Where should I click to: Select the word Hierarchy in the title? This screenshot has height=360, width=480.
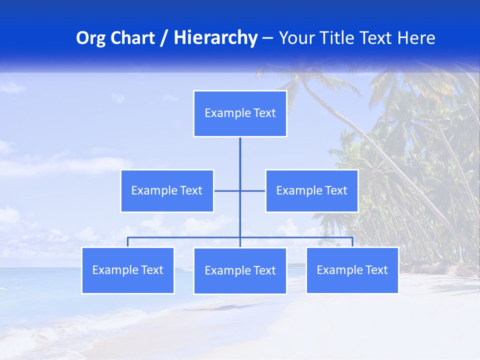tap(215, 38)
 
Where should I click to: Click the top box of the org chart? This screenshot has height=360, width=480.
tap(240, 113)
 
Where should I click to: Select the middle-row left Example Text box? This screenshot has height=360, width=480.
tap(167, 190)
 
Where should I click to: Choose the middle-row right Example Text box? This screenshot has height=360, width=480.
tap(311, 190)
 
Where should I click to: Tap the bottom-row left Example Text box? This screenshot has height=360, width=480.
tap(128, 270)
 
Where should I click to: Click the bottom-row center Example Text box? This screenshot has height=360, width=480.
tap(240, 270)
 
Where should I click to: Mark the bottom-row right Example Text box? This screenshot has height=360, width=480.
tap(352, 270)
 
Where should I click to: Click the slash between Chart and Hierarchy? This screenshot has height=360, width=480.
tap(163, 38)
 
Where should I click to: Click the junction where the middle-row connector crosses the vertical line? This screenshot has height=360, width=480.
tap(240, 190)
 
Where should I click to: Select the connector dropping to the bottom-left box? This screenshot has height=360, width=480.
tap(128, 242)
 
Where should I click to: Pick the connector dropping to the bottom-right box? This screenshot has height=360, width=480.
tap(352, 242)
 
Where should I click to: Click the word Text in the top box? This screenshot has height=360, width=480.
tap(264, 113)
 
